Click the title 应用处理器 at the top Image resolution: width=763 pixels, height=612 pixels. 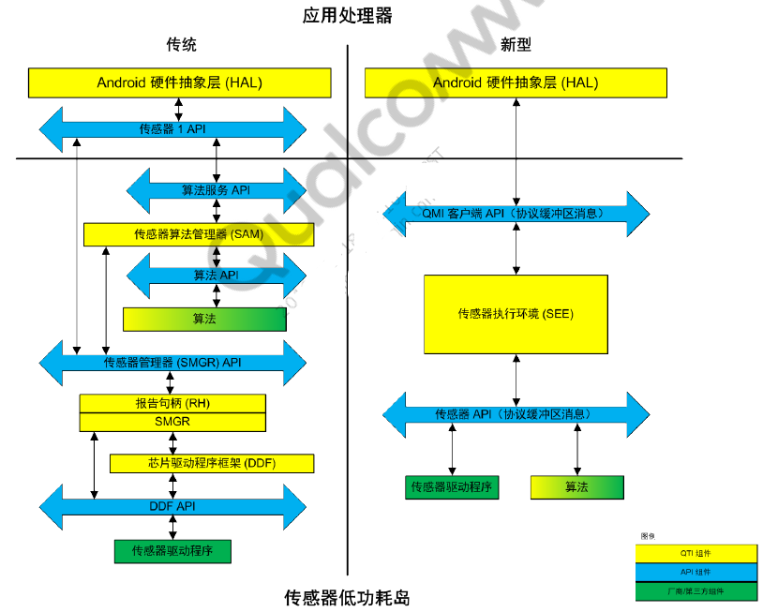click(348, 15)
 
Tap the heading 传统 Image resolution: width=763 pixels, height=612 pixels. click(181, 45)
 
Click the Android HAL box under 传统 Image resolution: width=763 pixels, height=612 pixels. click(179, 82)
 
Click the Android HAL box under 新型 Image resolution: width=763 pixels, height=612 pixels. click(515, 82)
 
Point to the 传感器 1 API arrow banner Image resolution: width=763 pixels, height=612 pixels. click(172, 129)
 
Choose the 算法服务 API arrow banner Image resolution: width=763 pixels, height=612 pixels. click(216, 190)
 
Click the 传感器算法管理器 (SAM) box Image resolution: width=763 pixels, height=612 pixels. click(199, 234)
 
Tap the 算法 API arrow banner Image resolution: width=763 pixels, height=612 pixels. click(216, 276)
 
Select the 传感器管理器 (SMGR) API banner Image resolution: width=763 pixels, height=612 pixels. click(172, 362)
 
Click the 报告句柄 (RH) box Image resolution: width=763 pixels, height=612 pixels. click(172, 404)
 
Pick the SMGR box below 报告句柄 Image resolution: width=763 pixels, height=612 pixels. click(172, 422)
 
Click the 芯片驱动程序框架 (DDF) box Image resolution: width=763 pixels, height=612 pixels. click(212, 463)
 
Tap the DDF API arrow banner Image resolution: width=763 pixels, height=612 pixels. click(172, 506)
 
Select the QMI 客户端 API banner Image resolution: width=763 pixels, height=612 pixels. click(516, 214)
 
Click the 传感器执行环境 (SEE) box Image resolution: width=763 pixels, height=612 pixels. click(516, 313)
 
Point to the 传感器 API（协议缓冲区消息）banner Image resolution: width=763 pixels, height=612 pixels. click(516, 414)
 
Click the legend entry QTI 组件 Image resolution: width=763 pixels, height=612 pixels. click(696, 554)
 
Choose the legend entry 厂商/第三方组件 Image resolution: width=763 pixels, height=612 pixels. click(696, 591)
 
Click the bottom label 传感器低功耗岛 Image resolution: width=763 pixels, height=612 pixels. click(348, 598)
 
